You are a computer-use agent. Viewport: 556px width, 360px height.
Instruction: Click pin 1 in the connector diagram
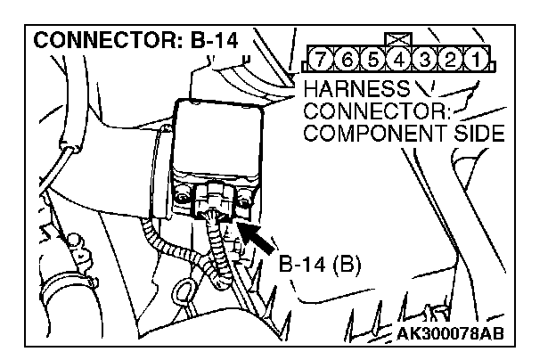(480, 62)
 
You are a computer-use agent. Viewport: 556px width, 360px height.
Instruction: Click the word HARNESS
(356, 90)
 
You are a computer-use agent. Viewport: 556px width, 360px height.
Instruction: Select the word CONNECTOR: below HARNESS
(379, 112)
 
